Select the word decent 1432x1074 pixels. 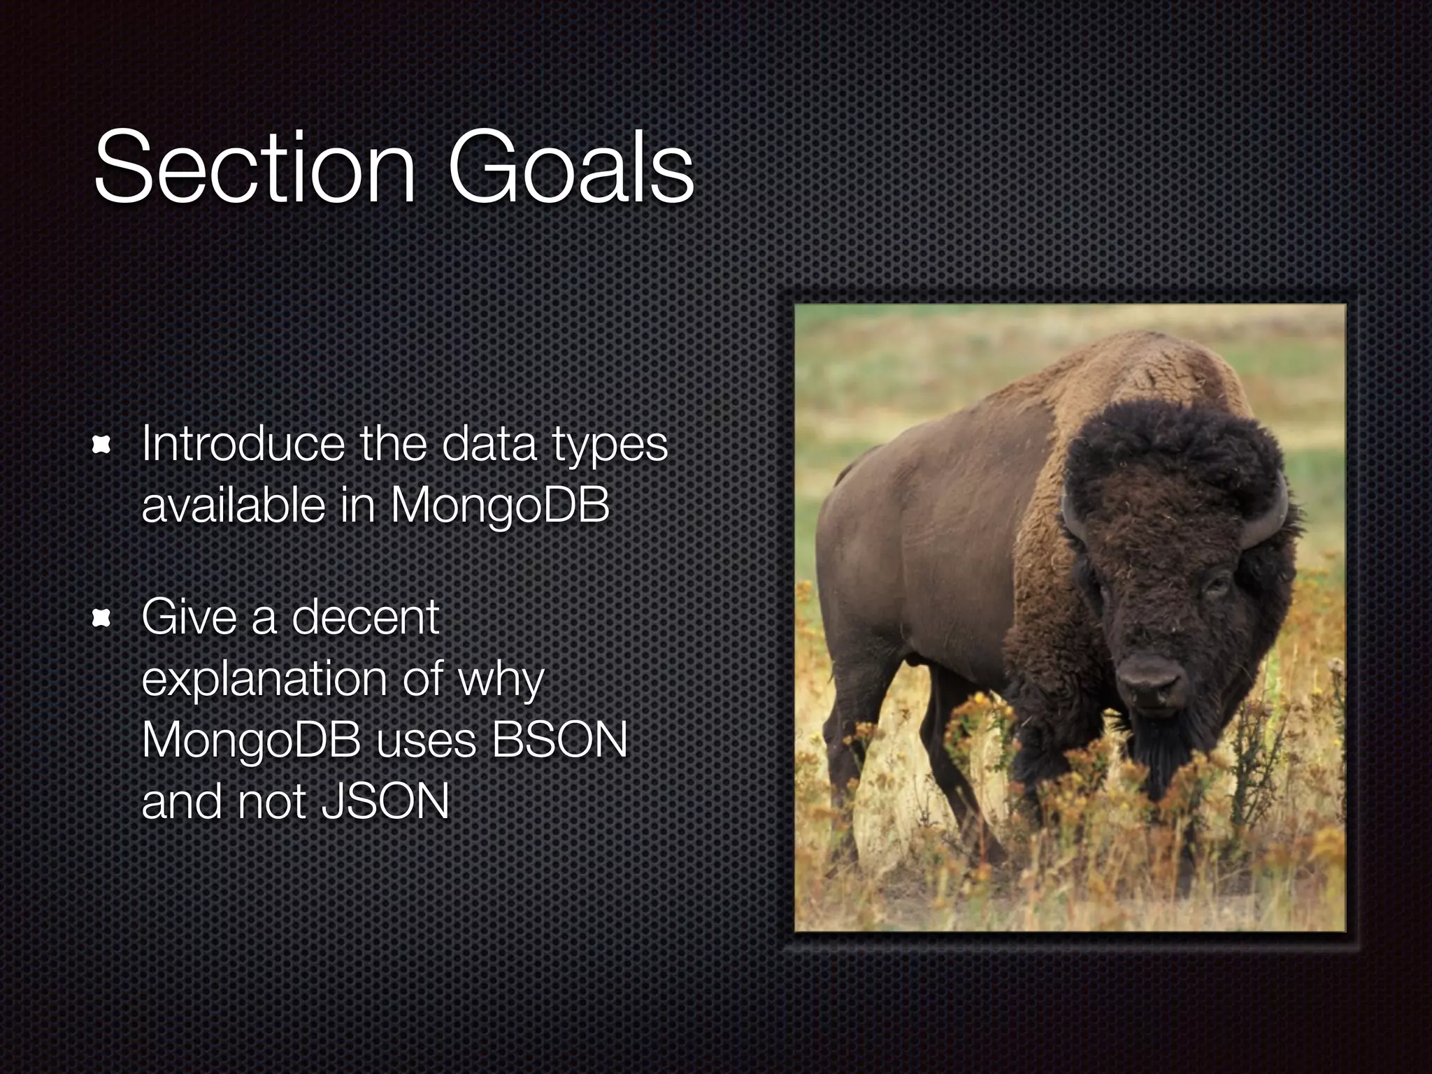364,618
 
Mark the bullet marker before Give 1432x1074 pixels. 102,618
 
